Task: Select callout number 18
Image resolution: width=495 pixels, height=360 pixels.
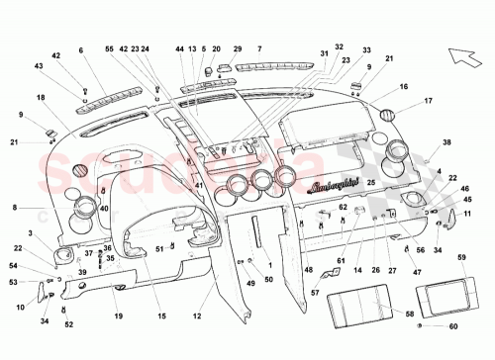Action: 41,98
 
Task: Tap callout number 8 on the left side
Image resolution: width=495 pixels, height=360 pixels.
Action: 15,208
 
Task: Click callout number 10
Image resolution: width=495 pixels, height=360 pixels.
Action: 21,307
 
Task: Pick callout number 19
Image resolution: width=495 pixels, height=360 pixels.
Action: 117,315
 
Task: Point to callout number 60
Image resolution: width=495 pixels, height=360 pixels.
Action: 454,325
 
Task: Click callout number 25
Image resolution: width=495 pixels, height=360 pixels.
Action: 370,183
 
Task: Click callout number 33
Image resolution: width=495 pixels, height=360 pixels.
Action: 366,48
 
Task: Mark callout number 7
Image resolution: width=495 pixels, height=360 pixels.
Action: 259,48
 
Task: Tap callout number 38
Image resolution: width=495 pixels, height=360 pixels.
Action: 446,143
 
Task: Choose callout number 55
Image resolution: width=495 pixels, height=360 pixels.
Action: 109,48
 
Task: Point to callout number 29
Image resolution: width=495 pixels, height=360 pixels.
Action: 238,48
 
